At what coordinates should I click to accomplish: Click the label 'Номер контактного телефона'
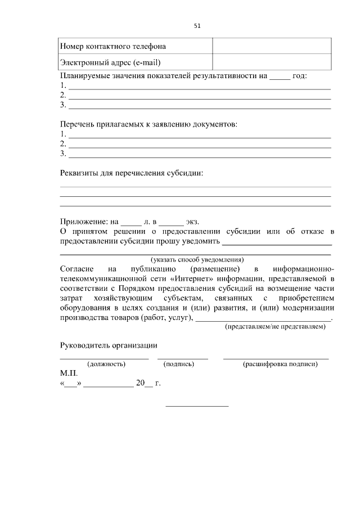[x=113, y=46]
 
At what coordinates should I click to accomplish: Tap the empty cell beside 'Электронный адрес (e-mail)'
[x=272, y=62]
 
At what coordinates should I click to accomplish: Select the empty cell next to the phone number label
[x=272, y=46]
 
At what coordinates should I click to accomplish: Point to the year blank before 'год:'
[x=279, y=76]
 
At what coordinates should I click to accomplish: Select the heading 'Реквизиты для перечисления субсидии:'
[x=132, y=173]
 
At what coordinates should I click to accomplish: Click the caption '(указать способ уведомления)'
[x=197, y=260]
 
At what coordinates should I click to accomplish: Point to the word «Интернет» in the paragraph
[x=183, y=278]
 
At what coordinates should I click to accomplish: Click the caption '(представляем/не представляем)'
[x=275, y=327]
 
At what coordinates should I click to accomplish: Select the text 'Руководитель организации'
[x=109, y=345]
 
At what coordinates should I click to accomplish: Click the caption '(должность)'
[x=106, y=364]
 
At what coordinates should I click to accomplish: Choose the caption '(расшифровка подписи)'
[x=280, y=364]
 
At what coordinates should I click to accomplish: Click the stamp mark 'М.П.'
[x=69, y=374]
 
